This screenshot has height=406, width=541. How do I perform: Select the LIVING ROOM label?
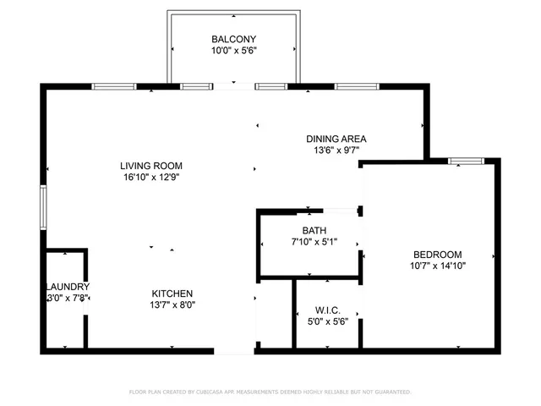click(151, 166)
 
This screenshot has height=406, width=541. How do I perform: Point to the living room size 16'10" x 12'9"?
click(151, 178)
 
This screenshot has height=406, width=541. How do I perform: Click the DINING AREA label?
click(336, 139)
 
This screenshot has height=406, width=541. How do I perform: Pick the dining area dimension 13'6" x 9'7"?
click(336, 151)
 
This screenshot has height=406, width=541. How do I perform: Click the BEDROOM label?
click(437, 255)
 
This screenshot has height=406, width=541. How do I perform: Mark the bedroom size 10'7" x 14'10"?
click(437, 266)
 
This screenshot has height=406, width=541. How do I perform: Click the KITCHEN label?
click(172, 294)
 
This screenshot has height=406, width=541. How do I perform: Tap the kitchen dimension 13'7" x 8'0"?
click(172, 305)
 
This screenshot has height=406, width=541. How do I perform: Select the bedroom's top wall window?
click(465, 160)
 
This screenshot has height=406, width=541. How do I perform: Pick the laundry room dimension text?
click(68, 298)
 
